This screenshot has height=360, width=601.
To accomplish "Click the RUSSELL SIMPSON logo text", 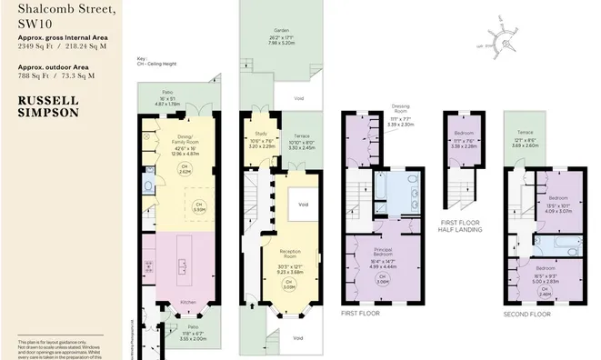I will pyautogui.click(x=49, y=106).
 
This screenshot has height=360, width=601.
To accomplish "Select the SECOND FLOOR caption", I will pyautogui.click(x=527, y=314).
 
